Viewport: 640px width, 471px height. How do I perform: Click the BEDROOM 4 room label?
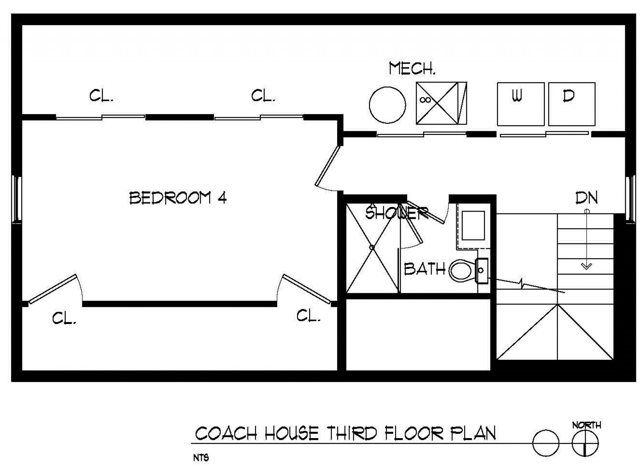click(178, 198)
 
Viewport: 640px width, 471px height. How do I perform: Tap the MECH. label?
click(412, 68)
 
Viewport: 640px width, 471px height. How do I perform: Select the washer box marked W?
click(520, 104)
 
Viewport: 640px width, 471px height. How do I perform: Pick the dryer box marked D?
click(572, 104)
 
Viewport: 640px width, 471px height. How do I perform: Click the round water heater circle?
click(387, 105)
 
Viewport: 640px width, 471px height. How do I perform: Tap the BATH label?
click(424, 269)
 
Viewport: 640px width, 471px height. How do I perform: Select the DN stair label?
click(586, 197)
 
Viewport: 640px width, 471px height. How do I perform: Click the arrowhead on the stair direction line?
click(586, 266)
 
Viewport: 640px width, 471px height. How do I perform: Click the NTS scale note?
click(201, 458)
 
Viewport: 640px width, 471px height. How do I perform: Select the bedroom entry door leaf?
click(328, 166)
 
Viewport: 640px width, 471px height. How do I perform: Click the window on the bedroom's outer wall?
click(17, 199)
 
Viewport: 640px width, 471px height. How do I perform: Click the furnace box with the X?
click(442, 103)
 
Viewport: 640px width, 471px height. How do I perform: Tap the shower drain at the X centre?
click(372, 247)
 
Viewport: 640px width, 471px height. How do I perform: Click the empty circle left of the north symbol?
click(546, 443)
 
